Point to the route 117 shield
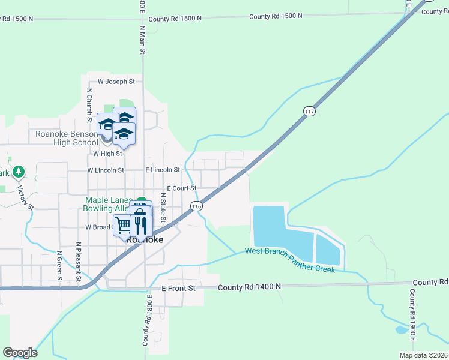click(309, 112)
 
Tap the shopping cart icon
click(123, 226)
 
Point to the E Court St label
click(181, 188)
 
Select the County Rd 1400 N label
click(249, 287)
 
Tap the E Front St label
click(179, 288)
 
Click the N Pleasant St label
click(79, 262)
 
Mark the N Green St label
click(59, 266)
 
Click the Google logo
click(20, 352)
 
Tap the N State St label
click(163, 207)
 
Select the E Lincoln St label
click(163, 170)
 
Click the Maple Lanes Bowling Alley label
click(107, 204)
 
